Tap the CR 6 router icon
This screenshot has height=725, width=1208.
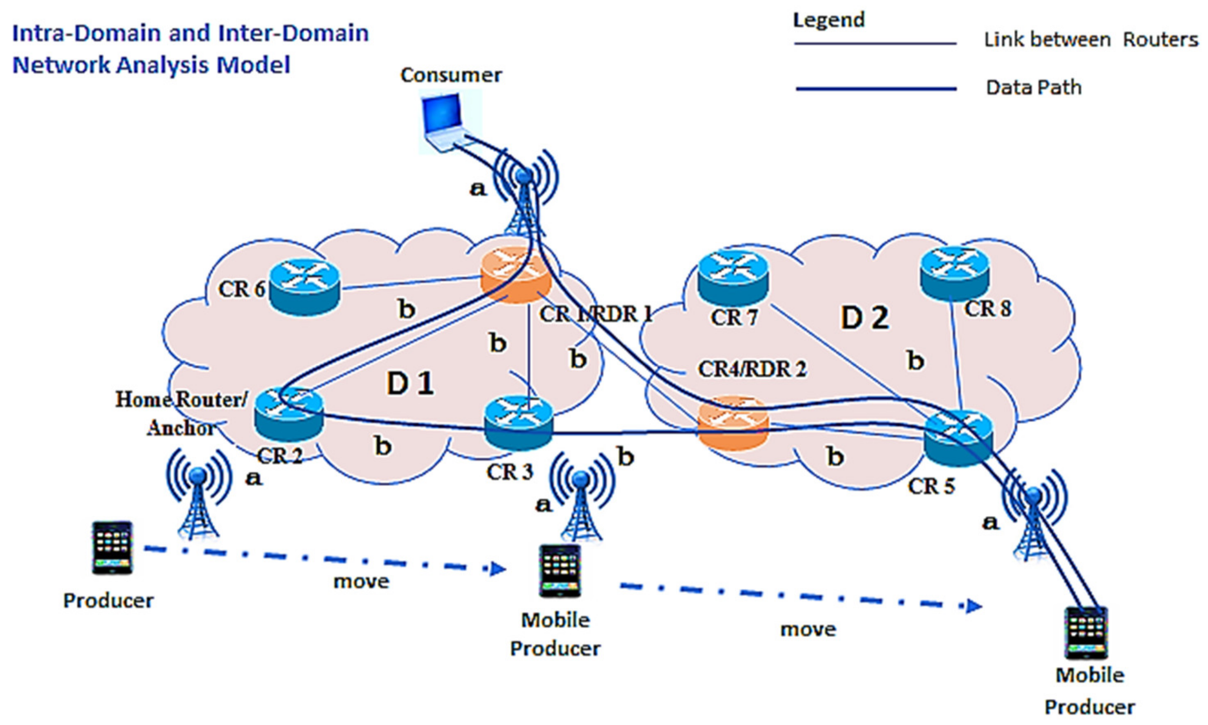point(304,286)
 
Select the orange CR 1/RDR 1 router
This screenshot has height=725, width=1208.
point(516,278)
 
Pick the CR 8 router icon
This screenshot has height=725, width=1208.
point(954,272)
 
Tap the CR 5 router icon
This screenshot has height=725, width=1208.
point(958,438)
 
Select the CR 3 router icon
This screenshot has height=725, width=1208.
point(518,423)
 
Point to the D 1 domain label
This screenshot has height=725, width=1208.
point(410,384)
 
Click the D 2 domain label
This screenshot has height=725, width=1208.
point(864,318)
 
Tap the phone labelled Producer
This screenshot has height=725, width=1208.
point(112,547)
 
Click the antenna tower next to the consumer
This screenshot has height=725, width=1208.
point(524,195)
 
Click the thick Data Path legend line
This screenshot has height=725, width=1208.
point(875,89)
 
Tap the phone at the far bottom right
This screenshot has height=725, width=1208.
point(1086,633)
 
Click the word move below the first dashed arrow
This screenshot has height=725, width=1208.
point(361,581)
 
